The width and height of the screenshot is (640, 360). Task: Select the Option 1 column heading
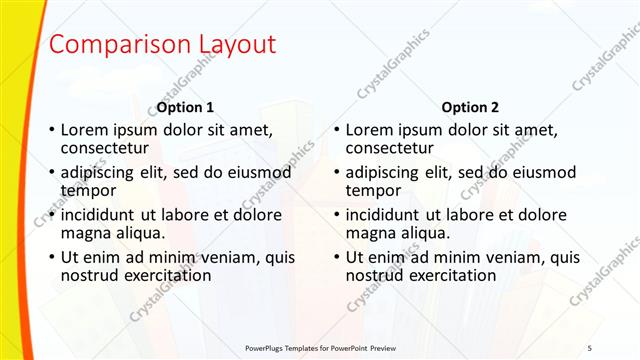[x=185, y=107]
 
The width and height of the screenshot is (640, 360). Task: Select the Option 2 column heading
[x=470, y=107]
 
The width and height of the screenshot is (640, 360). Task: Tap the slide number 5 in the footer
[x=589, y=347]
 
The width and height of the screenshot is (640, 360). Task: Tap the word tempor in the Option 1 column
[x=88, y=190]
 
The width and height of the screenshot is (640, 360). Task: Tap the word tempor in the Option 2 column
[x=373, y=190]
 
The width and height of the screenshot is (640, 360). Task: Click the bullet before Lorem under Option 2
[x=337, y=130]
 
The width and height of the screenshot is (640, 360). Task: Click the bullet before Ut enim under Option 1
[x=52, y=258]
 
